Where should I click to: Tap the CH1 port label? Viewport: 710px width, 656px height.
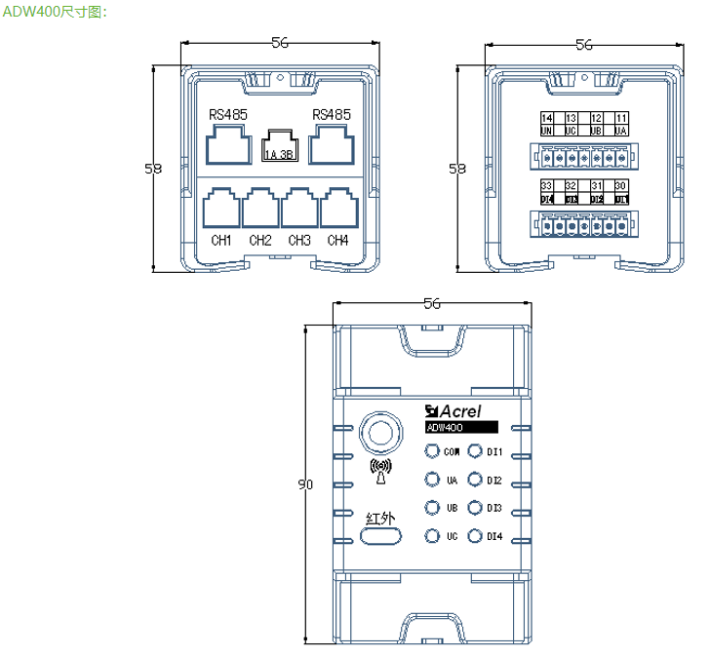(x=221, y=240)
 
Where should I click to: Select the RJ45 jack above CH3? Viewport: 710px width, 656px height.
(x=299, y=208)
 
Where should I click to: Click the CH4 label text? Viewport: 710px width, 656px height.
(x=337, y=240)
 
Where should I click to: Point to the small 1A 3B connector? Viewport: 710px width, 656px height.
(x=279, y=147)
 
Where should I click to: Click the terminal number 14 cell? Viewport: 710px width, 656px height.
(x=546, y=118)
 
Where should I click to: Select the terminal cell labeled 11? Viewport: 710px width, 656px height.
(x=620, y=118)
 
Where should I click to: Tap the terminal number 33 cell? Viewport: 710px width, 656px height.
(x=546, y=185)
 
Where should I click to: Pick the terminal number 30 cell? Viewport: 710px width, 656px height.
(x=620, y=185)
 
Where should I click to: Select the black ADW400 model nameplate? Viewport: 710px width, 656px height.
(x=461, y=427)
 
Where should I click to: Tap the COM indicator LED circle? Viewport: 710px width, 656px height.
(x=431, y=451)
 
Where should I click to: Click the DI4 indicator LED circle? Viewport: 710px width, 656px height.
(x=475, y=536)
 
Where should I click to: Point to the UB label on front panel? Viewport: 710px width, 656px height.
(x=453, y=508)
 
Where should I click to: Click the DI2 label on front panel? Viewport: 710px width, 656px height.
(x=494, y=481)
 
